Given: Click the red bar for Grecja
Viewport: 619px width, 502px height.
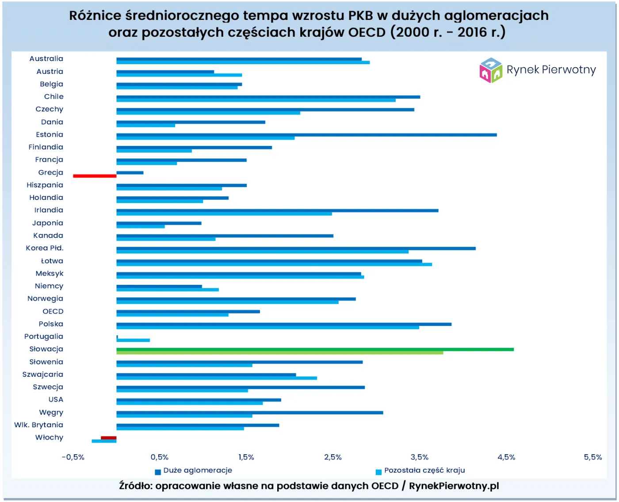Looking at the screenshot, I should pos(95,176).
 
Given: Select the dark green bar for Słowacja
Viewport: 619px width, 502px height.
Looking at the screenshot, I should pos(315,349).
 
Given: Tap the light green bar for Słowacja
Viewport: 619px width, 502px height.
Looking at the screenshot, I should pos(279,353).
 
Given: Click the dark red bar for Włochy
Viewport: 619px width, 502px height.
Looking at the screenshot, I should pos(109,438).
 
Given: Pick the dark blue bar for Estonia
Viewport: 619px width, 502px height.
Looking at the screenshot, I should pos(306,135).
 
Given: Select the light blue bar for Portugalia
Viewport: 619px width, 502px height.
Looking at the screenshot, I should pos(133,340).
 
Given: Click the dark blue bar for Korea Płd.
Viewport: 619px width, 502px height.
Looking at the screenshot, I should pos(296,249).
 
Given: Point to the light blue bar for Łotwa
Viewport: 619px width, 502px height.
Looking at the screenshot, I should pos(274,264).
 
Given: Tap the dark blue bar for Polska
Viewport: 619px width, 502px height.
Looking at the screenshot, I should pos(284,324).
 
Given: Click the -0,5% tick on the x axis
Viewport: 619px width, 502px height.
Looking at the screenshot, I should pos(73,457).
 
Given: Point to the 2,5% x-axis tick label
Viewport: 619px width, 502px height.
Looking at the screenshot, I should pos(333,457).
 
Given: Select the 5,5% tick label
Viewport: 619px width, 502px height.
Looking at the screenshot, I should pos(592,457).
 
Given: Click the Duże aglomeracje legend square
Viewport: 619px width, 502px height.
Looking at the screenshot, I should pos(158,472).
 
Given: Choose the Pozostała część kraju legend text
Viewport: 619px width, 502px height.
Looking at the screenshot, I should pos(424,470).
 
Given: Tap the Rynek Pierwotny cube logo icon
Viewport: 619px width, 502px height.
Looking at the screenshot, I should pos(491,70).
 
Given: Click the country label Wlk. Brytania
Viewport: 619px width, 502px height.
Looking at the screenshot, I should pos(39,425).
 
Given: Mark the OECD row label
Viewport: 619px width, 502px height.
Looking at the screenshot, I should pos(53,311).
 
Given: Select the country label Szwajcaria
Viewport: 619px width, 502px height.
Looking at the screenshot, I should pos(43,375).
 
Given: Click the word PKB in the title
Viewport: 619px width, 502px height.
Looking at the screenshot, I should pos(360,15).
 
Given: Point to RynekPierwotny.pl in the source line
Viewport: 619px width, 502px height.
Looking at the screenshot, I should pos(454,486).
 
